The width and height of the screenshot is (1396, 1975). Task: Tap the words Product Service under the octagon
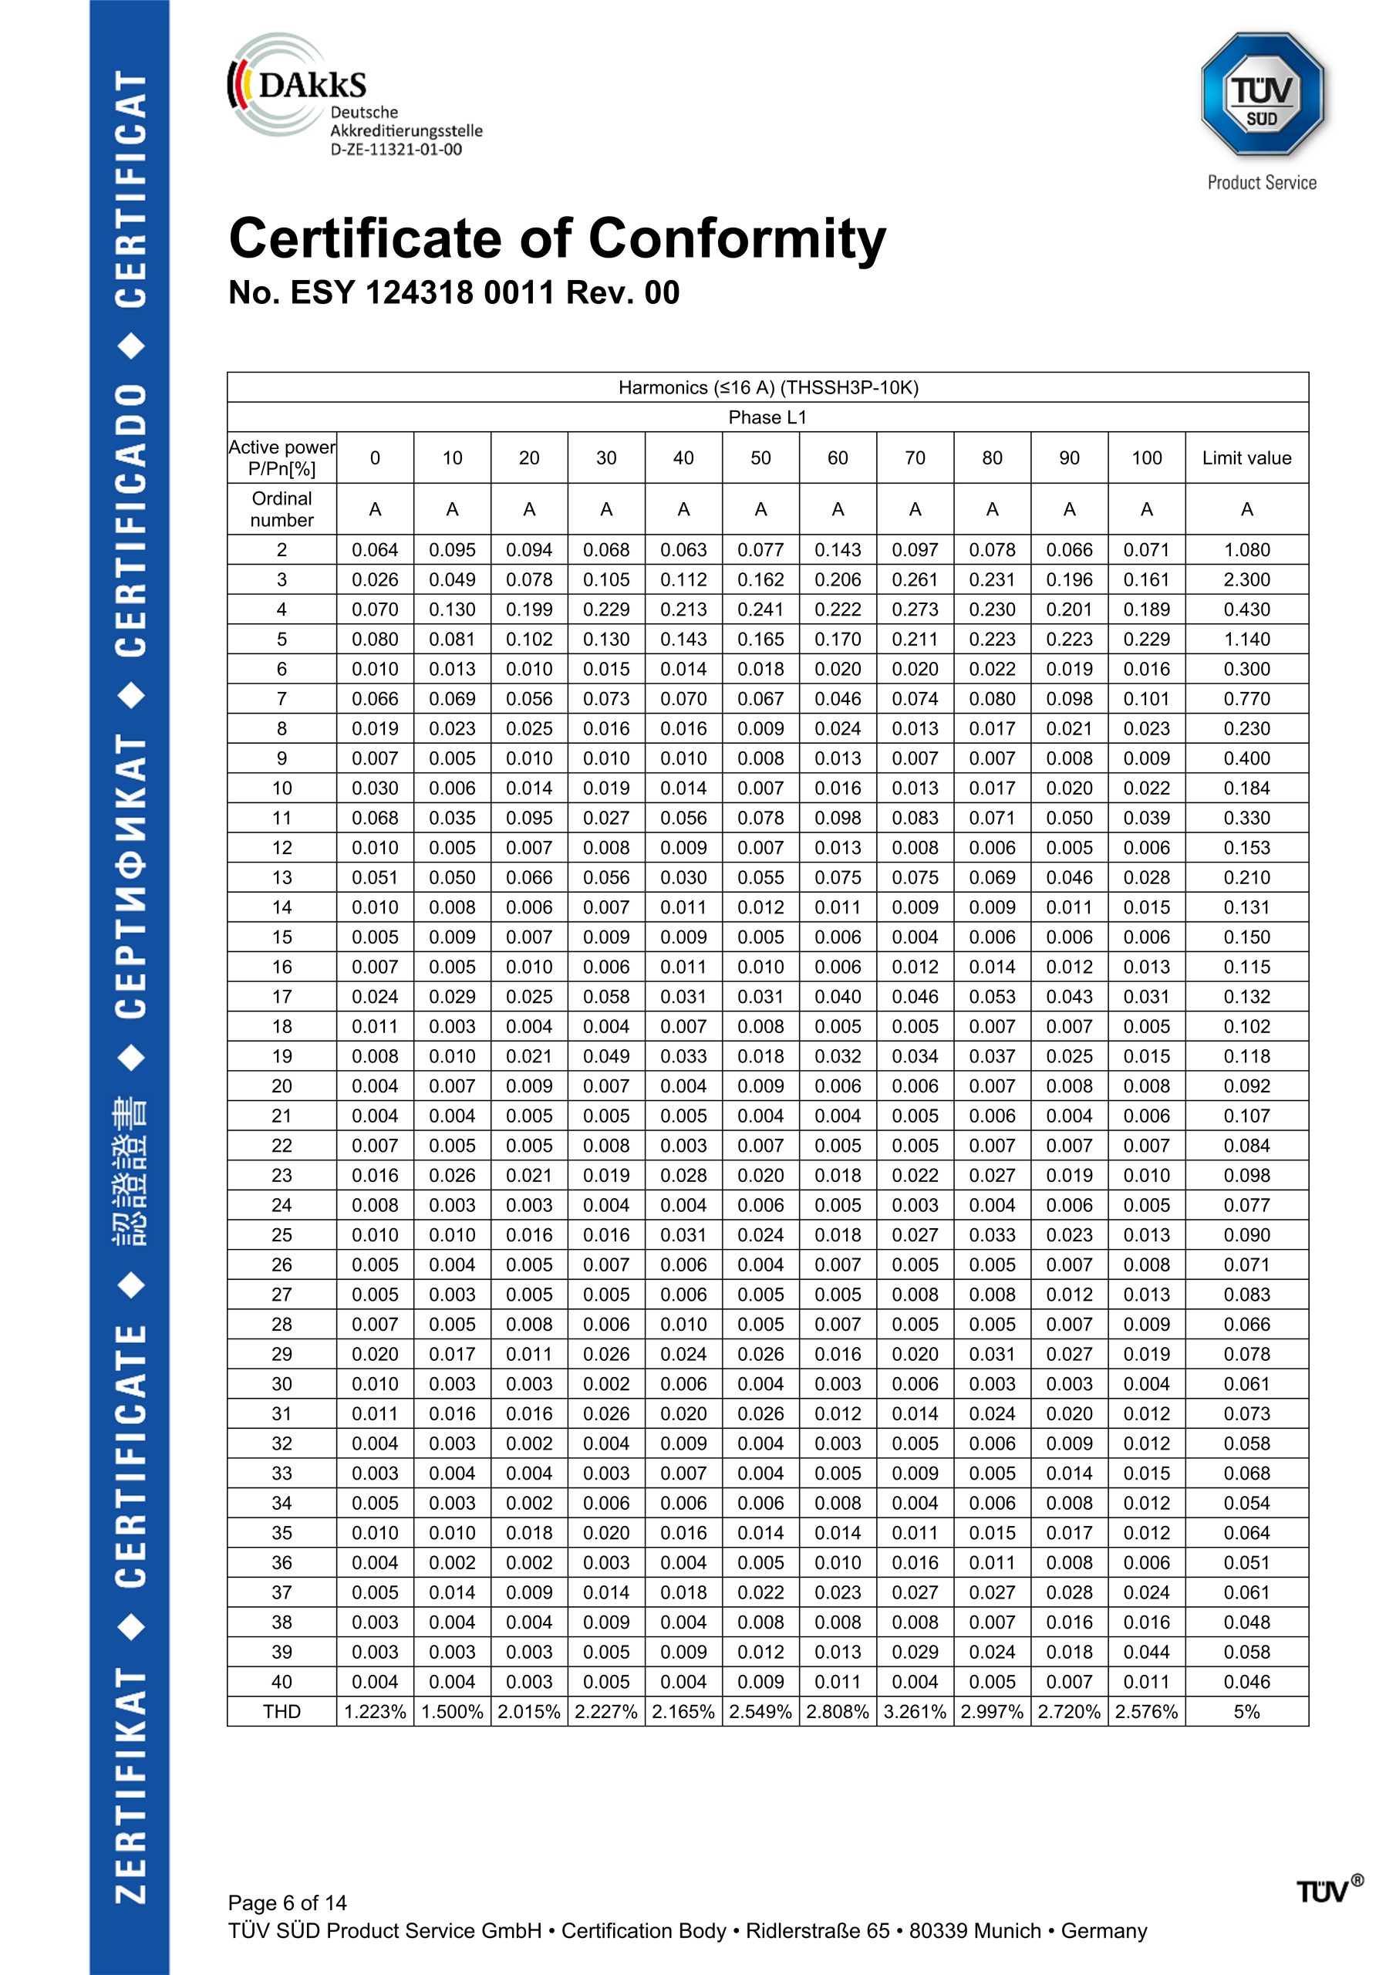[x=1261, y=182]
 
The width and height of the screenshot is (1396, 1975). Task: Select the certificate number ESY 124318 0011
[x=421, y=292]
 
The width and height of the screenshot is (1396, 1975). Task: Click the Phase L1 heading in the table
[x=767, y=417]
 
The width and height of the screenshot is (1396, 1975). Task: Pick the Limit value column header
[x=1246, y=457]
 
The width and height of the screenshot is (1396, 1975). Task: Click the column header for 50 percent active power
[x=760, y=457]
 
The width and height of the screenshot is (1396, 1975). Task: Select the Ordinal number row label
[x=282, y=509]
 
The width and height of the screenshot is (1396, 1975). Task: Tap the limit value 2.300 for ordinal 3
[x=1246, y=579]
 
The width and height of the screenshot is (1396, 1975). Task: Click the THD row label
[x=282, y=1712]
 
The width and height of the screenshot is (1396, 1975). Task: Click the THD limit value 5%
[x=1246, y=1712]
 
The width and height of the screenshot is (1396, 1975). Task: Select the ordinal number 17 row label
[x=282, y=997]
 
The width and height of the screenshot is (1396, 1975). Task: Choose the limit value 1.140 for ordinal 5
[x=1246, y=639]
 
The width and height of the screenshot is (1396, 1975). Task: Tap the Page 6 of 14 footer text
[x=287, y=1902]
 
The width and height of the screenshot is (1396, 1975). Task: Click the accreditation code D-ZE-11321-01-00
[x=396, y=150]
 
